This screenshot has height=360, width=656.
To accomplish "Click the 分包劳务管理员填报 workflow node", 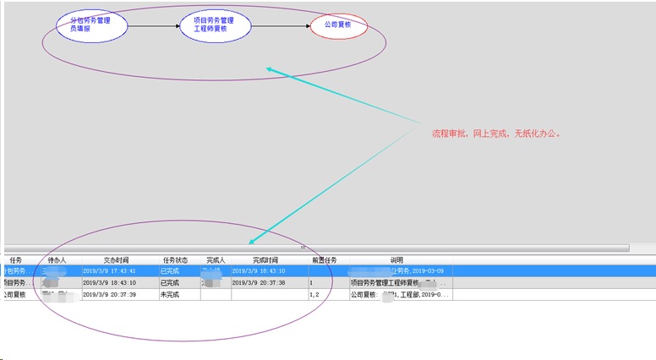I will click(x=92, y=25).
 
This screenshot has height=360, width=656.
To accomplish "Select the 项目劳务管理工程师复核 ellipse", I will click(x=216, y=25).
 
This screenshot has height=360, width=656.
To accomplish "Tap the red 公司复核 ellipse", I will click(x=338, y=25).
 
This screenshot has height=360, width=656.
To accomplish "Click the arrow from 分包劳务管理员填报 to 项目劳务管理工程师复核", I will click(x=154, y=26).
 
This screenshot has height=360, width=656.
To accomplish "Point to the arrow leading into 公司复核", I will click(x=282, y=26).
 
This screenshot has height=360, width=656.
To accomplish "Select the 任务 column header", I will click(x=16, y=259).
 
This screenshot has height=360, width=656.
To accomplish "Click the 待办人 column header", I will click(x=57, y=259).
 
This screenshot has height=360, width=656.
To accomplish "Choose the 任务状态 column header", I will click(x=176, y=259).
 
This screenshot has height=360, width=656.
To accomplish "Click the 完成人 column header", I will click(x=216, y=259).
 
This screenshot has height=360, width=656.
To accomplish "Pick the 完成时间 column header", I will click(x=265, y=259).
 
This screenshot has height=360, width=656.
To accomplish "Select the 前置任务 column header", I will click(x=324, y=259).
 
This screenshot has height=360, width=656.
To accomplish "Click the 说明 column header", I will click(x=396, y=259).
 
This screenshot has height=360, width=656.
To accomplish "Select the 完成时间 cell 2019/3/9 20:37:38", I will click(x=259, y=282).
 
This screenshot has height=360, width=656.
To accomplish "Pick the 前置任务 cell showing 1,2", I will click(x=314, y=294).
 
